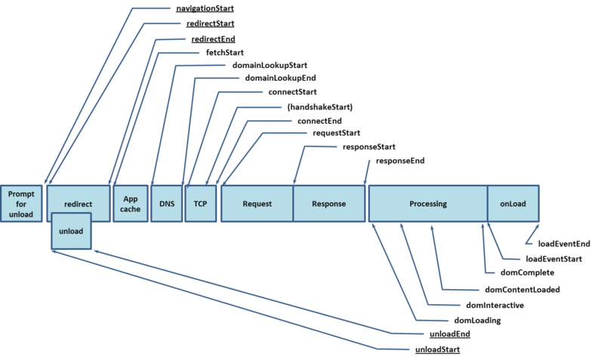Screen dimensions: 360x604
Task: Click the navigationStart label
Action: (204, 10)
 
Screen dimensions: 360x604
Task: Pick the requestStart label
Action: (336, 133)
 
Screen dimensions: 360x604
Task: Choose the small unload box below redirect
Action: (71, 232)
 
